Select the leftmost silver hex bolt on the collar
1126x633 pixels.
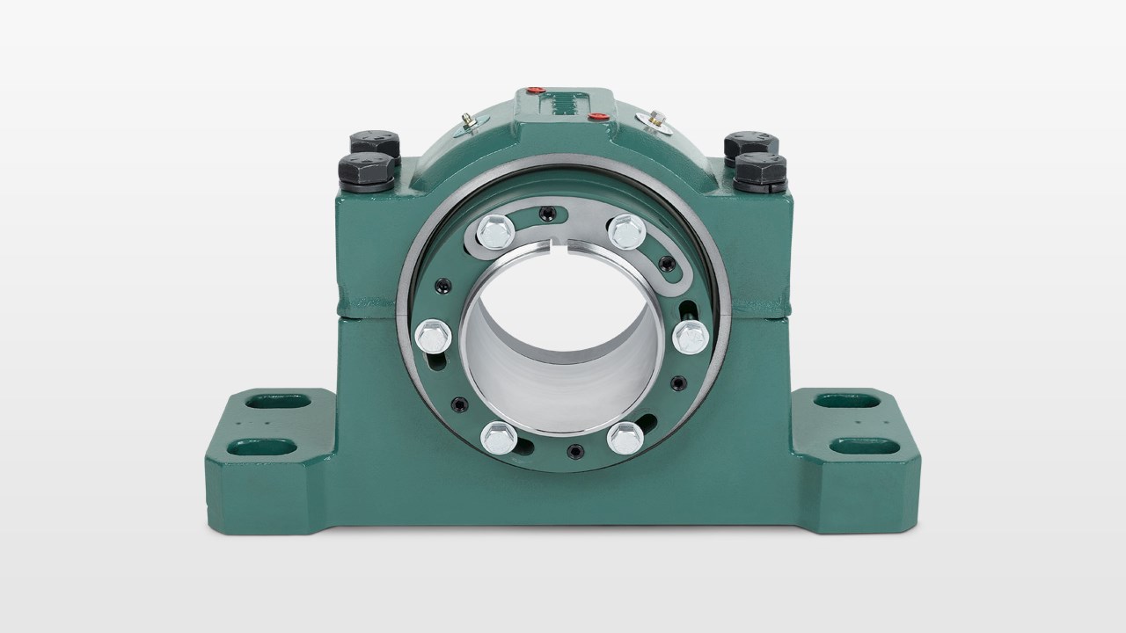431,334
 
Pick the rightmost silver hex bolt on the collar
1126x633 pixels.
691,335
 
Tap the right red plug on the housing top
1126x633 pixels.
596,115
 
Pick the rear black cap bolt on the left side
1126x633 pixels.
374,142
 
